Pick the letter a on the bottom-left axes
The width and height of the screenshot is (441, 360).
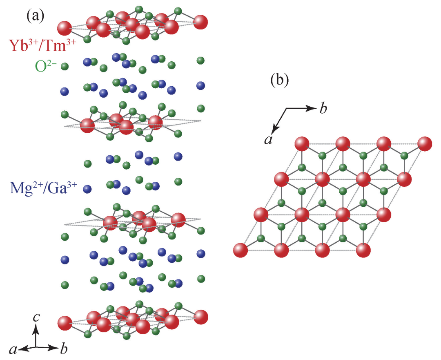pos(14,350)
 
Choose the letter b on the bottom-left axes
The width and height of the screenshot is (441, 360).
pos(64,350)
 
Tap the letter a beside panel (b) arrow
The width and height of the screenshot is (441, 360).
pos(268,140)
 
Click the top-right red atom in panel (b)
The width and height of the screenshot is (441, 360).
pos(425,144)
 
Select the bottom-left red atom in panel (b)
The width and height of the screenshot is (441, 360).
pos(241,250)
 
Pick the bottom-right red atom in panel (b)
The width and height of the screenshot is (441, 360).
pos(363,250)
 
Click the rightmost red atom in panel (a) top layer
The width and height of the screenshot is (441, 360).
pos(200,22)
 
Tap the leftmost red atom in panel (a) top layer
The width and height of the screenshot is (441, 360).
pos(65,28)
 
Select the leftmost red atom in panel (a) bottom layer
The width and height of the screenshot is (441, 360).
pos(65,323)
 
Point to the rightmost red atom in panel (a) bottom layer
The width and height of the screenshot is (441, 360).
pos(200,317)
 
